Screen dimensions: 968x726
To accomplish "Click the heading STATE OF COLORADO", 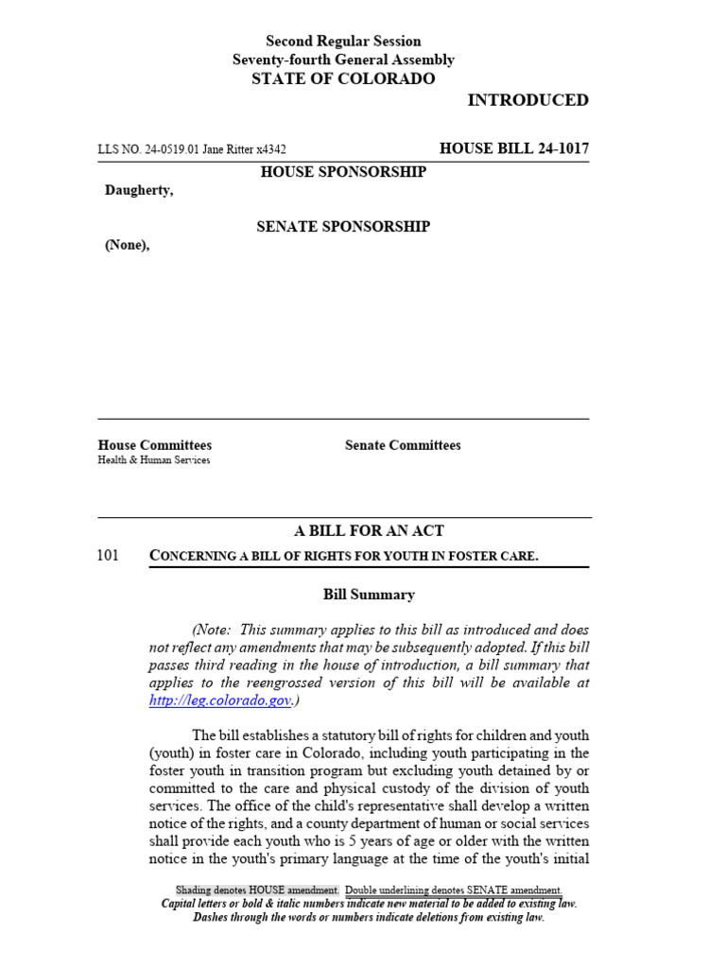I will (x=343, y=78).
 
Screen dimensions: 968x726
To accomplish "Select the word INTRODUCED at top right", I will (x=527, y=100).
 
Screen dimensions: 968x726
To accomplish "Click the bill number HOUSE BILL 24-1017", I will (x=514, y=148).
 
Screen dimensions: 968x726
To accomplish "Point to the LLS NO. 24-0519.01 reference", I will (x=147, y=149).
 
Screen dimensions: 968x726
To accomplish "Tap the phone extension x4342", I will (x=271, y=149).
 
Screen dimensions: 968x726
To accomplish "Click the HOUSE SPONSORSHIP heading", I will (x=343, y=172).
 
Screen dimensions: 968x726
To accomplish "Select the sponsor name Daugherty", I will (x=139, y=191).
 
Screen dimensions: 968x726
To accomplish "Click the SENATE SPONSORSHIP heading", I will (x=343, y=227).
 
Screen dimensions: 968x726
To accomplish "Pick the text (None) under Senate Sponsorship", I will (x=127, y=246).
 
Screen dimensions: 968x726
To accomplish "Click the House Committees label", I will (x=154, y=445).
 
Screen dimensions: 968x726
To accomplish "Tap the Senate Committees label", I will (x=403, y=445).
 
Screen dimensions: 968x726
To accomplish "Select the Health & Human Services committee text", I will (x=154, y=460).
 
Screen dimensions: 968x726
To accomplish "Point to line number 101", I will (x=108, y=556).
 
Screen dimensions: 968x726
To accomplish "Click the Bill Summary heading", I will (x=369, y=595).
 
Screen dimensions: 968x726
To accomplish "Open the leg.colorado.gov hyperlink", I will (x=219, y=700).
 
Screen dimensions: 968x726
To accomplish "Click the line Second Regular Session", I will (x=343, y=42).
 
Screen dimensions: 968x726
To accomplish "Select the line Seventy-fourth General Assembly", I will (x=343, y=60).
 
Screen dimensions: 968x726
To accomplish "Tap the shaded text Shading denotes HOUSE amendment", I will (x=256, y=890).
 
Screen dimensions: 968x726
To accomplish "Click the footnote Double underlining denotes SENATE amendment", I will (x=454, y=890).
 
